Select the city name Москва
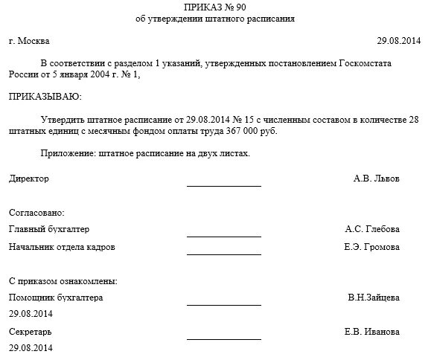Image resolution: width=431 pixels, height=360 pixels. pos(35,42)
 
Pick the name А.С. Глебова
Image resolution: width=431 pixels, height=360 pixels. pos(372,229)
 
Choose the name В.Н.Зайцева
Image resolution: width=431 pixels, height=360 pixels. pos(374,298)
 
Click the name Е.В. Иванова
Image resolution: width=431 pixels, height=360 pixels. pos(372,332)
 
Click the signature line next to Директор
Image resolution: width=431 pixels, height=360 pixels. pos(223,184)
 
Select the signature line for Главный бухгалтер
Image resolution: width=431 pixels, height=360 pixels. pos(223,235)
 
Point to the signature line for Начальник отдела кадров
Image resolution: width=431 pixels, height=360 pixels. pos(223,253)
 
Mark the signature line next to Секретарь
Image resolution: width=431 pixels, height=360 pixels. pos(223,338)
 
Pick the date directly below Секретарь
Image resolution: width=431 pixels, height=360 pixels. pos(31,348)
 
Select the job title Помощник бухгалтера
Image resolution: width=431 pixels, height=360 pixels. pos(56,298)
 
